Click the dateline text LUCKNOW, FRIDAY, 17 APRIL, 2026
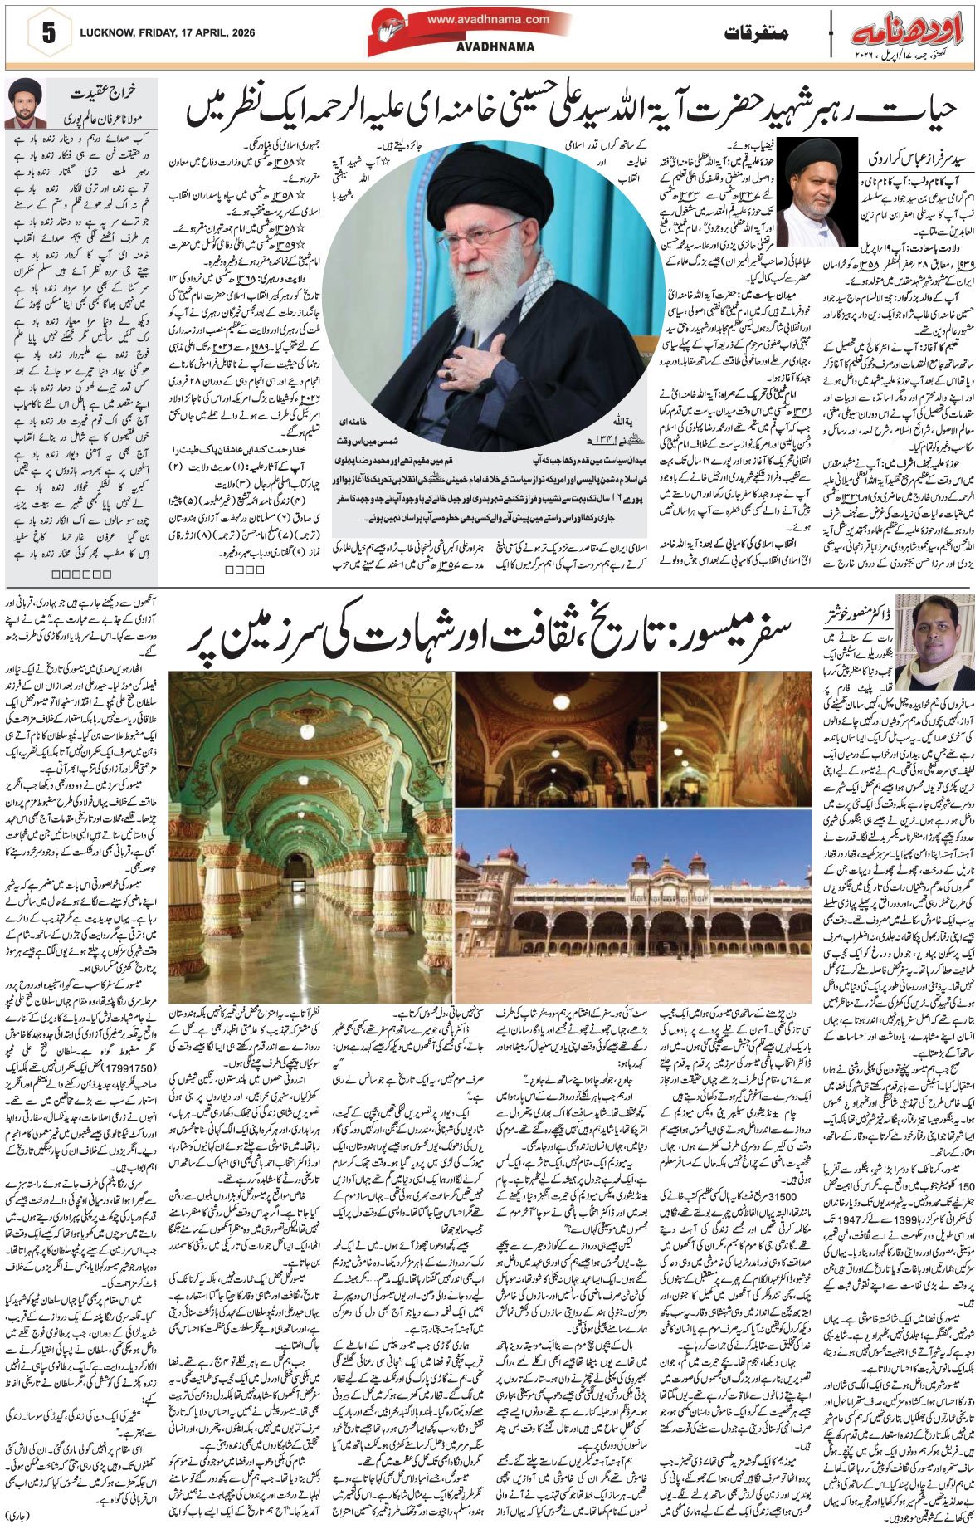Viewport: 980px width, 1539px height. point(168,34)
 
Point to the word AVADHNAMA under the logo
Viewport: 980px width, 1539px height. point(495,47)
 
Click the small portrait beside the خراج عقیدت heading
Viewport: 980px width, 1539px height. point(25,104)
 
